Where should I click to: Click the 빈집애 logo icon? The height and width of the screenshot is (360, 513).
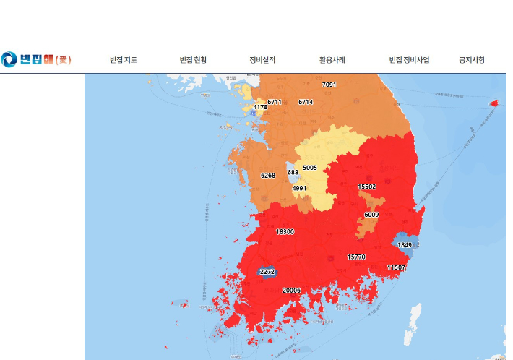(9, 59)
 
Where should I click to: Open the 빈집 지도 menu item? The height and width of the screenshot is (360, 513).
(123, 60)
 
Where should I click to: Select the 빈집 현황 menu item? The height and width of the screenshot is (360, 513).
(193, 60)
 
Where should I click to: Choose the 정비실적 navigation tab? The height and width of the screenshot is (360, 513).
(262, 60)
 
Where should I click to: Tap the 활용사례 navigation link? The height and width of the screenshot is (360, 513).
(332, 60)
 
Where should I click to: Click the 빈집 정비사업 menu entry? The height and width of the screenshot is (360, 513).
(409, 60)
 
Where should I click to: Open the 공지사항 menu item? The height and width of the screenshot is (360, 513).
(472, 60)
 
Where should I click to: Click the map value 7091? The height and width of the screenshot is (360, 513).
(329, 85)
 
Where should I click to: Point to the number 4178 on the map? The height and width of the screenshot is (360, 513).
(260, 107)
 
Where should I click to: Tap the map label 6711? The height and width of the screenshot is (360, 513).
(275, 102)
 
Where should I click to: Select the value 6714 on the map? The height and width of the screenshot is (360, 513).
(306, 102)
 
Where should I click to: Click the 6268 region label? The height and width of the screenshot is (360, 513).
(268, 176)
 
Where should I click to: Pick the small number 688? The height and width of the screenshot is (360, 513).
(293, 172)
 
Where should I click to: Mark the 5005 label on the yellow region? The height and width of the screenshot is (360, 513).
(310, 168)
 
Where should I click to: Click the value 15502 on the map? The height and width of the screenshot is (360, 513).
(367, 187)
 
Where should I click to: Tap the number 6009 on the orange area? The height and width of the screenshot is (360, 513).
(371, 215)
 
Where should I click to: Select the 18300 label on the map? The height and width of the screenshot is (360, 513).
(285, 232)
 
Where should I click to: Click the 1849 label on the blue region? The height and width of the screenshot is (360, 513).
(405, 245)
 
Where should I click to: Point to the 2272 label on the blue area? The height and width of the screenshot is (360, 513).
(267, 272)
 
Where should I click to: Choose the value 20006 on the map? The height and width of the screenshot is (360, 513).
(291, 290)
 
